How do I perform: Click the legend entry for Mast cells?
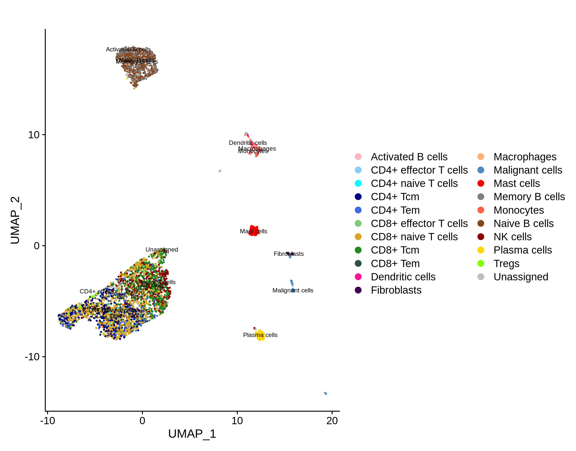[x=516, y=183]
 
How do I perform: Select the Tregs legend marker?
[x=481, y=264]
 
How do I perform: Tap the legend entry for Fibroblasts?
[x=396, y=290]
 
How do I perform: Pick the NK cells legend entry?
[x=512, y=237]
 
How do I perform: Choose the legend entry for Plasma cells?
[x=522, y=250]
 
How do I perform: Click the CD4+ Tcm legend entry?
[x=395, y=197]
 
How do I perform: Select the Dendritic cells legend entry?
[x=403, y=277]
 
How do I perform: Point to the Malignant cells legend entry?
[x=527, y=170]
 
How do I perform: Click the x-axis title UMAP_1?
[x=192, y=434]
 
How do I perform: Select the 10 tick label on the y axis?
[x=34, y=135]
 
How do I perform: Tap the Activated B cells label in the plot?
[x=128, y=49]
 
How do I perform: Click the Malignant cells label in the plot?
[x=293, y=290]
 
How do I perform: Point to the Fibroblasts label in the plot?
[x=289, y=254]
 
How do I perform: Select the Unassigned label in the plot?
[x=162, y=250]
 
